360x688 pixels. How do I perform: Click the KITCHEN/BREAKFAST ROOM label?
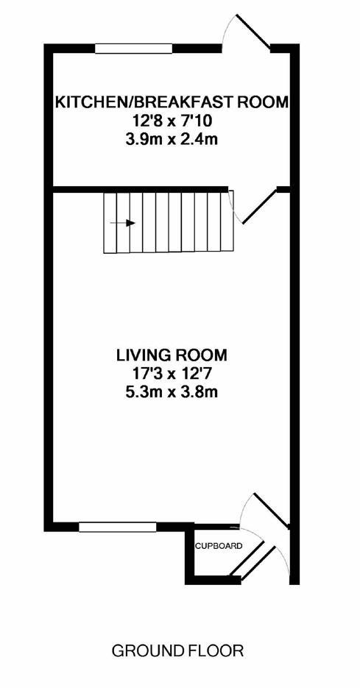(172, 102)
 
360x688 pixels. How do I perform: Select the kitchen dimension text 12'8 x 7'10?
(172, 120)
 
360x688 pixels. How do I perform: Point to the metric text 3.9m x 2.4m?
(172, 138)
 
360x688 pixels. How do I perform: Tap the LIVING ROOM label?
(171, 355)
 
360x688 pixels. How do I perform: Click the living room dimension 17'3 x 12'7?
(171, 373)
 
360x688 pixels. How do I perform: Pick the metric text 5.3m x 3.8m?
(171, 391)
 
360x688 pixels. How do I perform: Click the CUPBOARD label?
(218, 546)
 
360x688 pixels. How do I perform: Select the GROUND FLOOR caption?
(177, 650)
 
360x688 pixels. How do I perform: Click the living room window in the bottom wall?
(117, 526)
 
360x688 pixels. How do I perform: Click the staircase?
(168, 221)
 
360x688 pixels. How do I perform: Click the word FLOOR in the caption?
(217, 650)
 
